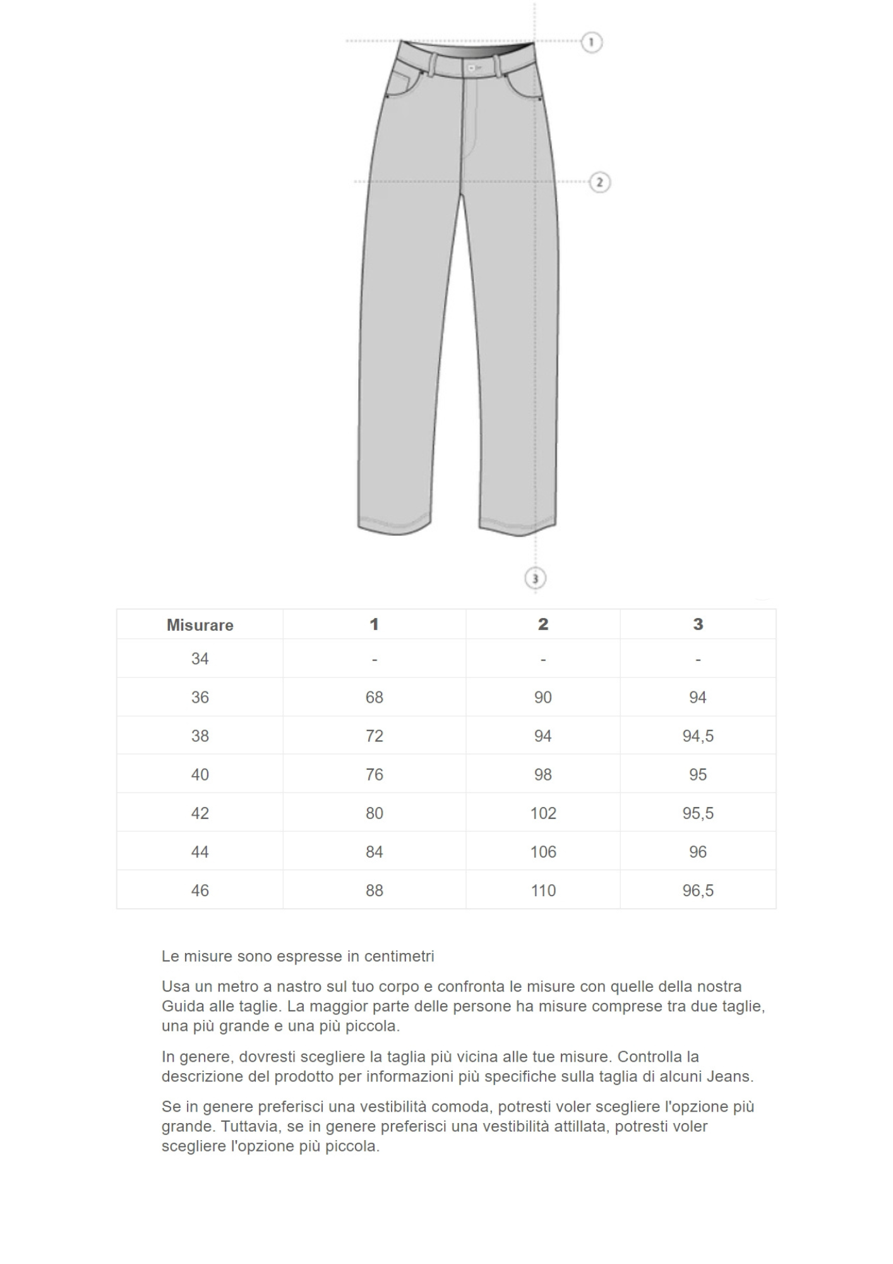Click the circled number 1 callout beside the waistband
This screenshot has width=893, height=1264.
[x=591, y=42]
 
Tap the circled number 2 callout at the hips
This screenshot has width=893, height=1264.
[x=599, y=183]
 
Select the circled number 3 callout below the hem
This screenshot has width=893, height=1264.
[x=535, y=578]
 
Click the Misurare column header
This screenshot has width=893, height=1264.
[x=200, y=625]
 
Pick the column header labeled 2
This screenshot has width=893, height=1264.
[x=542, y=624]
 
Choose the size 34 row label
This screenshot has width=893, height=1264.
[x=200, y=659]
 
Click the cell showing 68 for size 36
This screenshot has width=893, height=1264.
[x=374, y=697]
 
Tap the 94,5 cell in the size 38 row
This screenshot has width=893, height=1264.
[x=697, y=736]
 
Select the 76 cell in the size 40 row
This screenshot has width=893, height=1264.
[x=374, y=774]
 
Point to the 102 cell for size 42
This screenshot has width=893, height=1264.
[x=542, y=813]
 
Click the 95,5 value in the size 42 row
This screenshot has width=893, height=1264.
[x=697, y=813]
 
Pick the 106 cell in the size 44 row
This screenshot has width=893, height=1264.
[x=542, y=852]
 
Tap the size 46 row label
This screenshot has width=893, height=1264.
[x=200, y=890]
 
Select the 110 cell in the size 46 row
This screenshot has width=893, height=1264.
[x=542, y=890]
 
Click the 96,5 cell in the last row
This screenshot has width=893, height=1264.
[x=697, y=890]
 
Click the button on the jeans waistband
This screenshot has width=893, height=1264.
[x=472, y=66]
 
